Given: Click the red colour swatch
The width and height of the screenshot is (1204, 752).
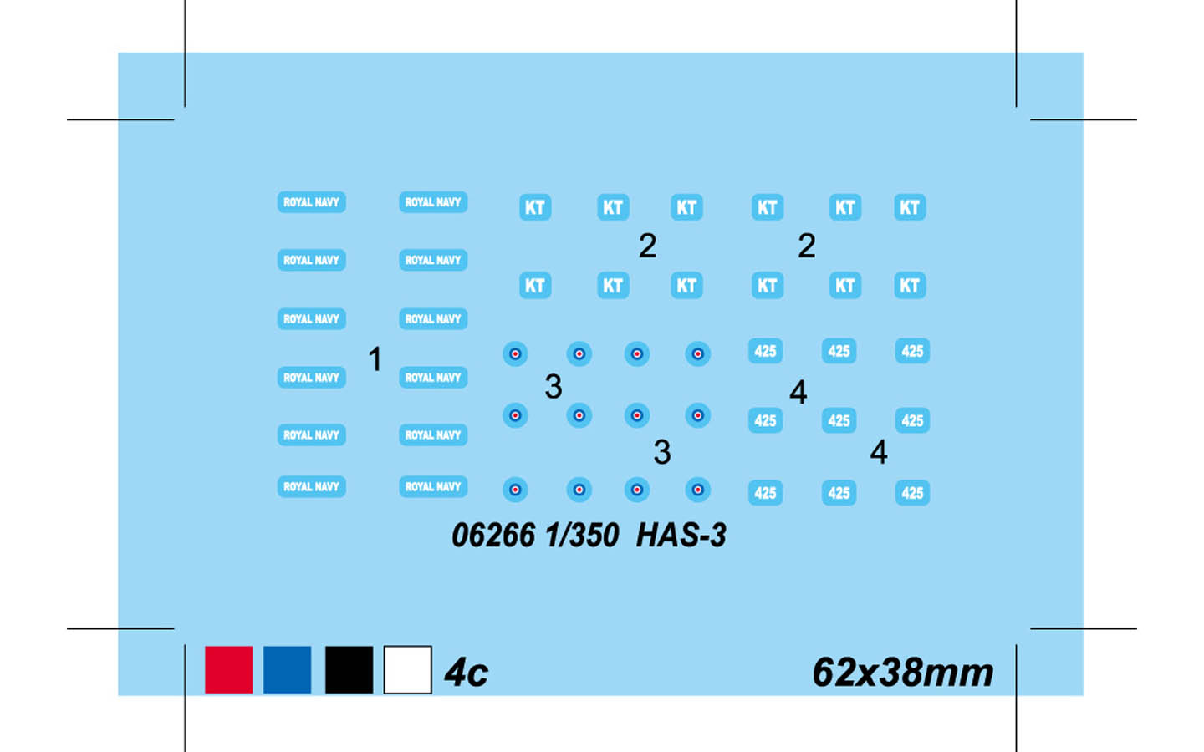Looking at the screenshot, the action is [x=228, y=669].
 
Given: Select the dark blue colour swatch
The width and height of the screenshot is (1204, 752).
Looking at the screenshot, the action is [x=287, y=669].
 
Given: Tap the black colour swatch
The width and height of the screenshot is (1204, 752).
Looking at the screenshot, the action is [x=349, y=669].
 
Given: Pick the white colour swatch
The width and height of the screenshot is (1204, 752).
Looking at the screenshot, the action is [x=407, y=669].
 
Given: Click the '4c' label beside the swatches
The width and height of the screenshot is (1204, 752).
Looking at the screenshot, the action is [x=466, y=673].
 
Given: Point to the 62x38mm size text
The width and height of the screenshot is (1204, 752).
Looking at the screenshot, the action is [x=902, y=673].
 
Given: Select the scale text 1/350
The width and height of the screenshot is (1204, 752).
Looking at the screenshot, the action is [x=582, y=536].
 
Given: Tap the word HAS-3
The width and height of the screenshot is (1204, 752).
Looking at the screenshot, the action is [x=681, y=536].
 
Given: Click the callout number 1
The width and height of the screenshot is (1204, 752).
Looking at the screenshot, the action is [x=375, y=358].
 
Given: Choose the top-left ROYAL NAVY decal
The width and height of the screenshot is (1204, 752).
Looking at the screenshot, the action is [x=312, y=202].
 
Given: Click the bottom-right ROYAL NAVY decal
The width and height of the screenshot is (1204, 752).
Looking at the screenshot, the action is [x=433, y=486].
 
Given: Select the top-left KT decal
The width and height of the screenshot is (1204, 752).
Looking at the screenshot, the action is [x=535, y=207].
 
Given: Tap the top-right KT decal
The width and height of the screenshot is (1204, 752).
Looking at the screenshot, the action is [x=910, y=207].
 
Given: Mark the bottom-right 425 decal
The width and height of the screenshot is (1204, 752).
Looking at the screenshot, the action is [x=913, y=493].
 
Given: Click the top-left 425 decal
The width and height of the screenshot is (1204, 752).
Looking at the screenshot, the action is [x=765, y=351].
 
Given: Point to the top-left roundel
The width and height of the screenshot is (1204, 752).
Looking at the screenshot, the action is [x=515, y=354].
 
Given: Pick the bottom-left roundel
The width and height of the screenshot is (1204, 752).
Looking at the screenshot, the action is [x=515, y=490].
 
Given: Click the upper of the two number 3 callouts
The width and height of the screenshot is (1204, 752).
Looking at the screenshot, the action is [x=554, y=386].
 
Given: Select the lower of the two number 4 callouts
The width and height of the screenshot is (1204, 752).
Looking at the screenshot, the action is [x=879, y=451].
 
